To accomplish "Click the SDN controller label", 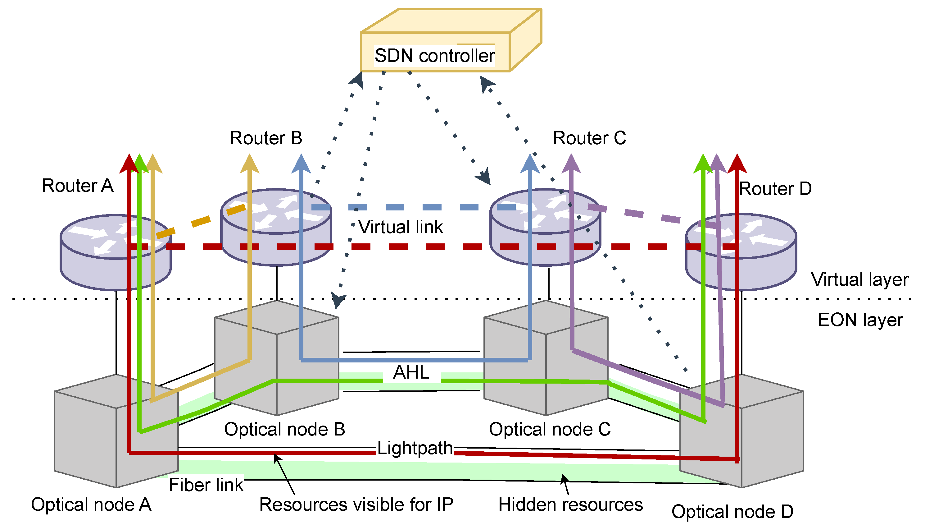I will (x=434, y=56).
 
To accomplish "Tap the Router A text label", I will (x=78, y=186).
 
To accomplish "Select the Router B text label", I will (x=266, y=138).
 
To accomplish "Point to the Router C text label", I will (x=589, y=138).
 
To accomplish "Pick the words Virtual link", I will (x=400, y=227).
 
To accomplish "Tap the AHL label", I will (x=411, y=372).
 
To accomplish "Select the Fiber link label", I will (x=206, y=485).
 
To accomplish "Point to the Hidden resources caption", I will (x=570, y=505).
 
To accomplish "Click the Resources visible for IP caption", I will (x=356, y=505).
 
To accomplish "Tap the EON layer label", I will (x=860, y=320).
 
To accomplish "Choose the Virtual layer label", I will (x=859, y=279).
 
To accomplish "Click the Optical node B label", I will (x=284, y=429).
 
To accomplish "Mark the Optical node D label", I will (x=732, y=512).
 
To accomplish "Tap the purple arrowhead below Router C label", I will (x=571, y=164).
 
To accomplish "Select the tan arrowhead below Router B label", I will (x=249, y=164).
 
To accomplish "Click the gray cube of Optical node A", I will (x=87, y=437).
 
